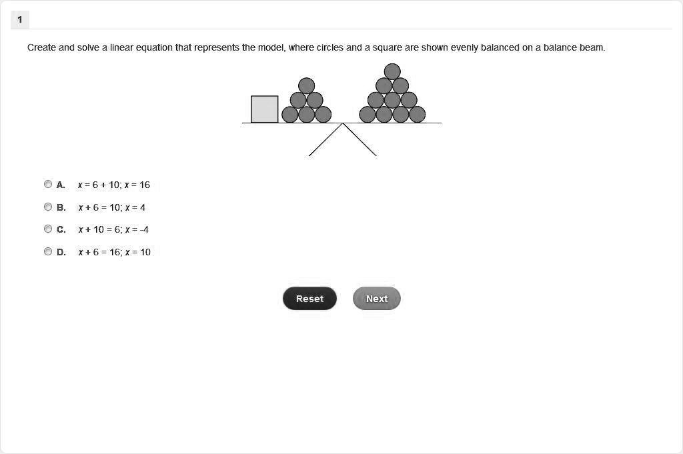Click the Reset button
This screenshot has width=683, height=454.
pos(309,299)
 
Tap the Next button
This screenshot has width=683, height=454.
pos(376,299)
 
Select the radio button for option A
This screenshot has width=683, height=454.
pos(48,185)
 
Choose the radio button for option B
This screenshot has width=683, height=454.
pos(48,207)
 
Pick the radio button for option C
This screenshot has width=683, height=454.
pos(48,229)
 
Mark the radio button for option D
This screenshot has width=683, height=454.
pos(48,251)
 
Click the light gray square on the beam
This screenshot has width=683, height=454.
pos(264,109)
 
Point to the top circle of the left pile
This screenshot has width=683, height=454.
pos(306,85)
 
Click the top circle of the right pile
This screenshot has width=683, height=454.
pos(392,71)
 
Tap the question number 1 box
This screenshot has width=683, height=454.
pos(20,20)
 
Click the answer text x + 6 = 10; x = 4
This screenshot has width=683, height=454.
pos(111,207)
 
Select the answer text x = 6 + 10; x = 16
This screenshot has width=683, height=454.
pos(114,185)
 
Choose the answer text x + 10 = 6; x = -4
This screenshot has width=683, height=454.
pos(113,229)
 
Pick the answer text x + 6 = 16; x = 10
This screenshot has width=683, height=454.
pos(114,252)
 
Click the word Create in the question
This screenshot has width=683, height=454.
pos(41,48)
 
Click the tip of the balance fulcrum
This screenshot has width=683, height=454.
pos(343,124)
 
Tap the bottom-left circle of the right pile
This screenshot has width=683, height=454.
pos(368,115)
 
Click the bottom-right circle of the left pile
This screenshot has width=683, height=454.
pos(323,115)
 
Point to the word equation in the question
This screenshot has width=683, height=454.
pos(154,48)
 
